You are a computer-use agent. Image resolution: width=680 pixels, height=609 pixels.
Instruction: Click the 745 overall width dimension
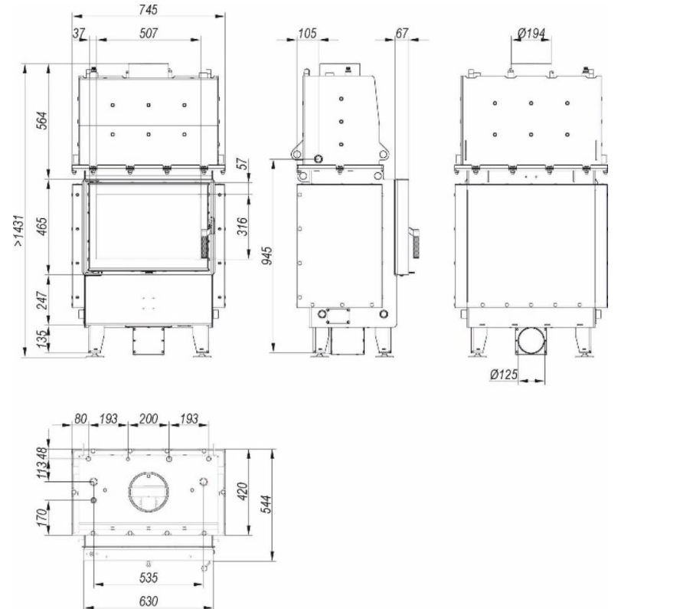(x=149, y=9)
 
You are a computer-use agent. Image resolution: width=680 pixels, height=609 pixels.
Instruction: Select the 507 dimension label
(x=149, y=33)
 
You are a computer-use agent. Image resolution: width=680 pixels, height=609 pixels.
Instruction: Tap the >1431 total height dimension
(x=18, y=231)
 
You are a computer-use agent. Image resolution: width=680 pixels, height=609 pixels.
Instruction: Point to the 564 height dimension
(x=42, y=120)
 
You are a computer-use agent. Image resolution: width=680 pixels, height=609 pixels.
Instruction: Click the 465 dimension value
(x=42, y=227)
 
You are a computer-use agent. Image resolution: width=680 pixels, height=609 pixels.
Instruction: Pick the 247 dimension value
(x=42, y=300)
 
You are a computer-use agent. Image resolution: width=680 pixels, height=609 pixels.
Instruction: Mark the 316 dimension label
(x=243, y=227)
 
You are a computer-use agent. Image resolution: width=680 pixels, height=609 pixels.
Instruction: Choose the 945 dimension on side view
(x=267, y=256)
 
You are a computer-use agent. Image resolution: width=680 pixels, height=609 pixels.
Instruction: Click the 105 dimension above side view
(x=308, y=33)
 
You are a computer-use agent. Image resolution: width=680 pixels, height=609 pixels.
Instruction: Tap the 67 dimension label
(x=402, y=33)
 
